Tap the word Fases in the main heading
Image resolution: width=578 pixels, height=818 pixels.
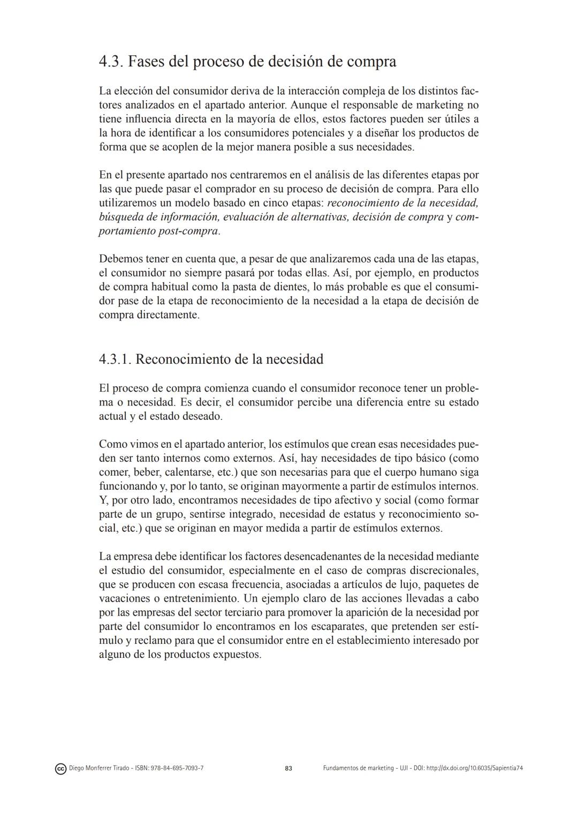click(x=147, y=62)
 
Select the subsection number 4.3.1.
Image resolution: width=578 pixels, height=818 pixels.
click(x=115, y=359)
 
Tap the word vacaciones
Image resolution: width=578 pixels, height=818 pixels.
click(x=124, y=598)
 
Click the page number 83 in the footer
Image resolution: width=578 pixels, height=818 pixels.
click(x=288, y=768)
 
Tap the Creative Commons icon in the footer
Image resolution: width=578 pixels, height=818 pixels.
click(x=60, y=769)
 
